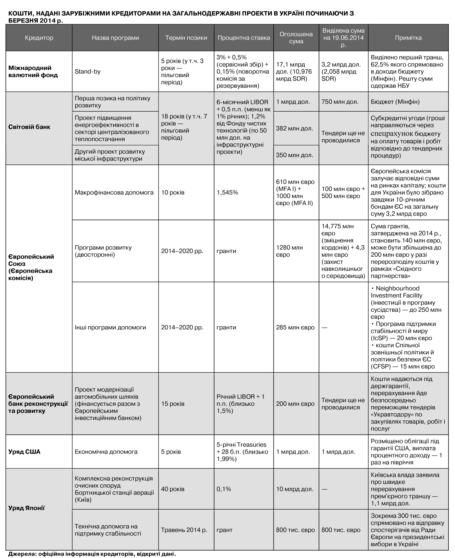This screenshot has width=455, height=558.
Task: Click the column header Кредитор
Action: (x=39, y=38)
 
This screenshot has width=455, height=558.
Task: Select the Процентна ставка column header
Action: (x=244, y=38)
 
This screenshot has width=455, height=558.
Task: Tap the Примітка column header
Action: (x=408, y=38)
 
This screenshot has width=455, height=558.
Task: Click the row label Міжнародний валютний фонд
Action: (x=33, y=72)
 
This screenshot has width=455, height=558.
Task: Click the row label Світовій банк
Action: (x=29, y=127)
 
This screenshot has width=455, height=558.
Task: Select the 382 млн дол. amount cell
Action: (x=294, y=128)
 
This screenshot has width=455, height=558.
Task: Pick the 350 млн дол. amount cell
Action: (x=294, y=155)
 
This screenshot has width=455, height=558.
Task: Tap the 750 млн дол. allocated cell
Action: (x=340, y=102)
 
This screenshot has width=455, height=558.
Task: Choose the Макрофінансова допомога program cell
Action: (x=114, y=193)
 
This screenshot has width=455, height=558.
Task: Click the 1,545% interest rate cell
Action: (x=227, y=193)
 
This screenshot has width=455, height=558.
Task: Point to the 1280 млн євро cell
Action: (x=289, y=251)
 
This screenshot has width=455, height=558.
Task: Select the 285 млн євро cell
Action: (x=295, y=327)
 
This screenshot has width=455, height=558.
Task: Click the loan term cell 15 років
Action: (x=172, y=404)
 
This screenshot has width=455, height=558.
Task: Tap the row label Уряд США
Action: (x=24, y=452)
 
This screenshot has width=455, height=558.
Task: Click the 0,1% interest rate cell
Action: (x=224, y=489)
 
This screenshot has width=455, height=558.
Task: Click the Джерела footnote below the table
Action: (x=92, y=554)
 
